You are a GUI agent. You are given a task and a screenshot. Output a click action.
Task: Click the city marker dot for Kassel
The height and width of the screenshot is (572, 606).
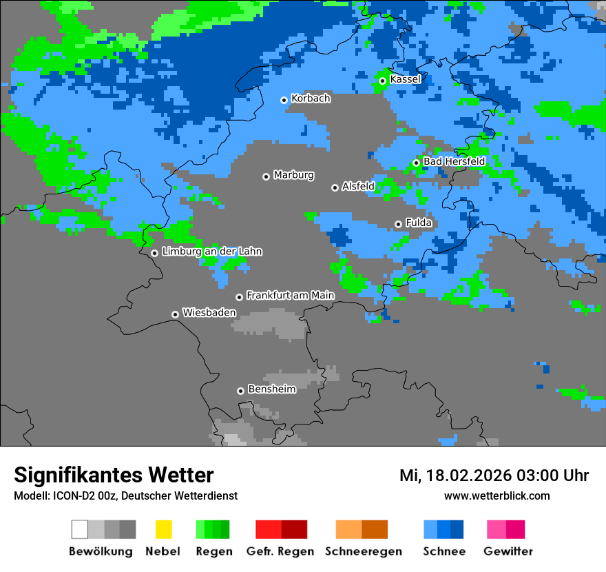[x=382, y=81]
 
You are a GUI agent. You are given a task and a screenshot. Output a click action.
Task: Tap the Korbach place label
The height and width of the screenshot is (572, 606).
[x=311, y=99]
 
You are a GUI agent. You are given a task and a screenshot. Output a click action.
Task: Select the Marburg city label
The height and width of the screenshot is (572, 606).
[x=293, y=175]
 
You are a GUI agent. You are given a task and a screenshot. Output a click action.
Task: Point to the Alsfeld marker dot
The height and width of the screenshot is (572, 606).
[x=335, y=187]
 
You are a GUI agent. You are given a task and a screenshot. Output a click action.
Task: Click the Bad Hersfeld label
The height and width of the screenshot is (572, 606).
[x=454, y=161]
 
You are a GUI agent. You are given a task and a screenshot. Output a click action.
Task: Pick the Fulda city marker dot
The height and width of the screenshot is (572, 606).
[x=398, y=224]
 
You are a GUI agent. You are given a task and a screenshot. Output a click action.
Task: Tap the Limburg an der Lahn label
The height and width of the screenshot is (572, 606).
[x=211, y=252]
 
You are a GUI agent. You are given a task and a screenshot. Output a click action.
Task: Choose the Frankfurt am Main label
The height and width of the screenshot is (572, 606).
[x=290, y=296]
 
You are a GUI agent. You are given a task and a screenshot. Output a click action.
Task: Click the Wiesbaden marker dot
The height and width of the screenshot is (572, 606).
[x=175, y=314]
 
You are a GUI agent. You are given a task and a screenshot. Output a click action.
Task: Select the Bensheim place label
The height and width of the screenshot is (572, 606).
[x=271, y=389]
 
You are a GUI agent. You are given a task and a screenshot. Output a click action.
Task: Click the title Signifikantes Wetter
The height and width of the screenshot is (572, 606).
[x=114, y=476]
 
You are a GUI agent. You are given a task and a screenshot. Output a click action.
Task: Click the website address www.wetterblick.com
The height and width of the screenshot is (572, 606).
[x=497, y=496]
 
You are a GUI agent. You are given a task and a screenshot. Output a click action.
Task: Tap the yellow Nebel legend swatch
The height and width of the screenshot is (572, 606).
[x=163, y=529]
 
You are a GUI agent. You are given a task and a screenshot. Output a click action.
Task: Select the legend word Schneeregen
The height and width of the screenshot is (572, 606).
[x=363, y=551]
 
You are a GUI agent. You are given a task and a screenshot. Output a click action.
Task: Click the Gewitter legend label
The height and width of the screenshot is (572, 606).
[x=508, y=551]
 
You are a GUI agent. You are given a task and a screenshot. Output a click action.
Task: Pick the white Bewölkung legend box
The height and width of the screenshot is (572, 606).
[x=80, y=529]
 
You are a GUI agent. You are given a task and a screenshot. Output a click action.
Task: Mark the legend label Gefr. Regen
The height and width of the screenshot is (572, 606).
[x=280, y=551]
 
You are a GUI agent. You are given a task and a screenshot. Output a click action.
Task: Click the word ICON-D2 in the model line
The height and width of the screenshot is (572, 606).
[x=67, y=496]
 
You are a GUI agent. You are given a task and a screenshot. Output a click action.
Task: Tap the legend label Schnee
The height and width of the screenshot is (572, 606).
[x=443, y=551]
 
